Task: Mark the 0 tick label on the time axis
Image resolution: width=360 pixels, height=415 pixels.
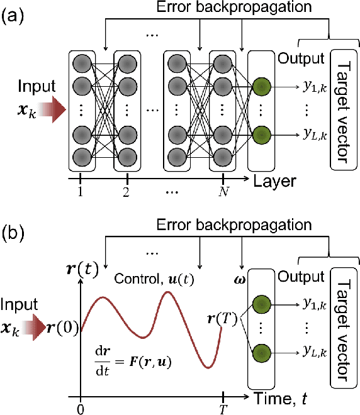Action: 81,409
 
